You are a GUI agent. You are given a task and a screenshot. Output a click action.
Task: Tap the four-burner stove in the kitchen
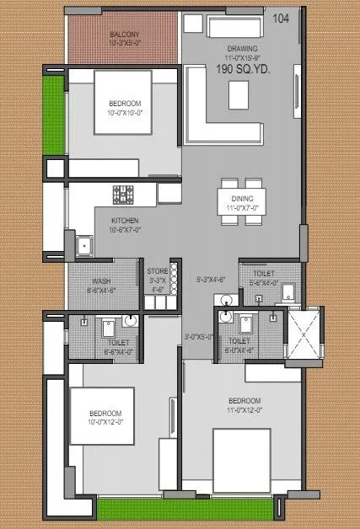click(x=123, y=195)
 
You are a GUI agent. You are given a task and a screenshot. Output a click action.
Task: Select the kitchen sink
click(x=84, y=247)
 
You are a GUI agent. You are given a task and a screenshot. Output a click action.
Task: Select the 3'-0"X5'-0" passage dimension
click(x=200, y=337)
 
